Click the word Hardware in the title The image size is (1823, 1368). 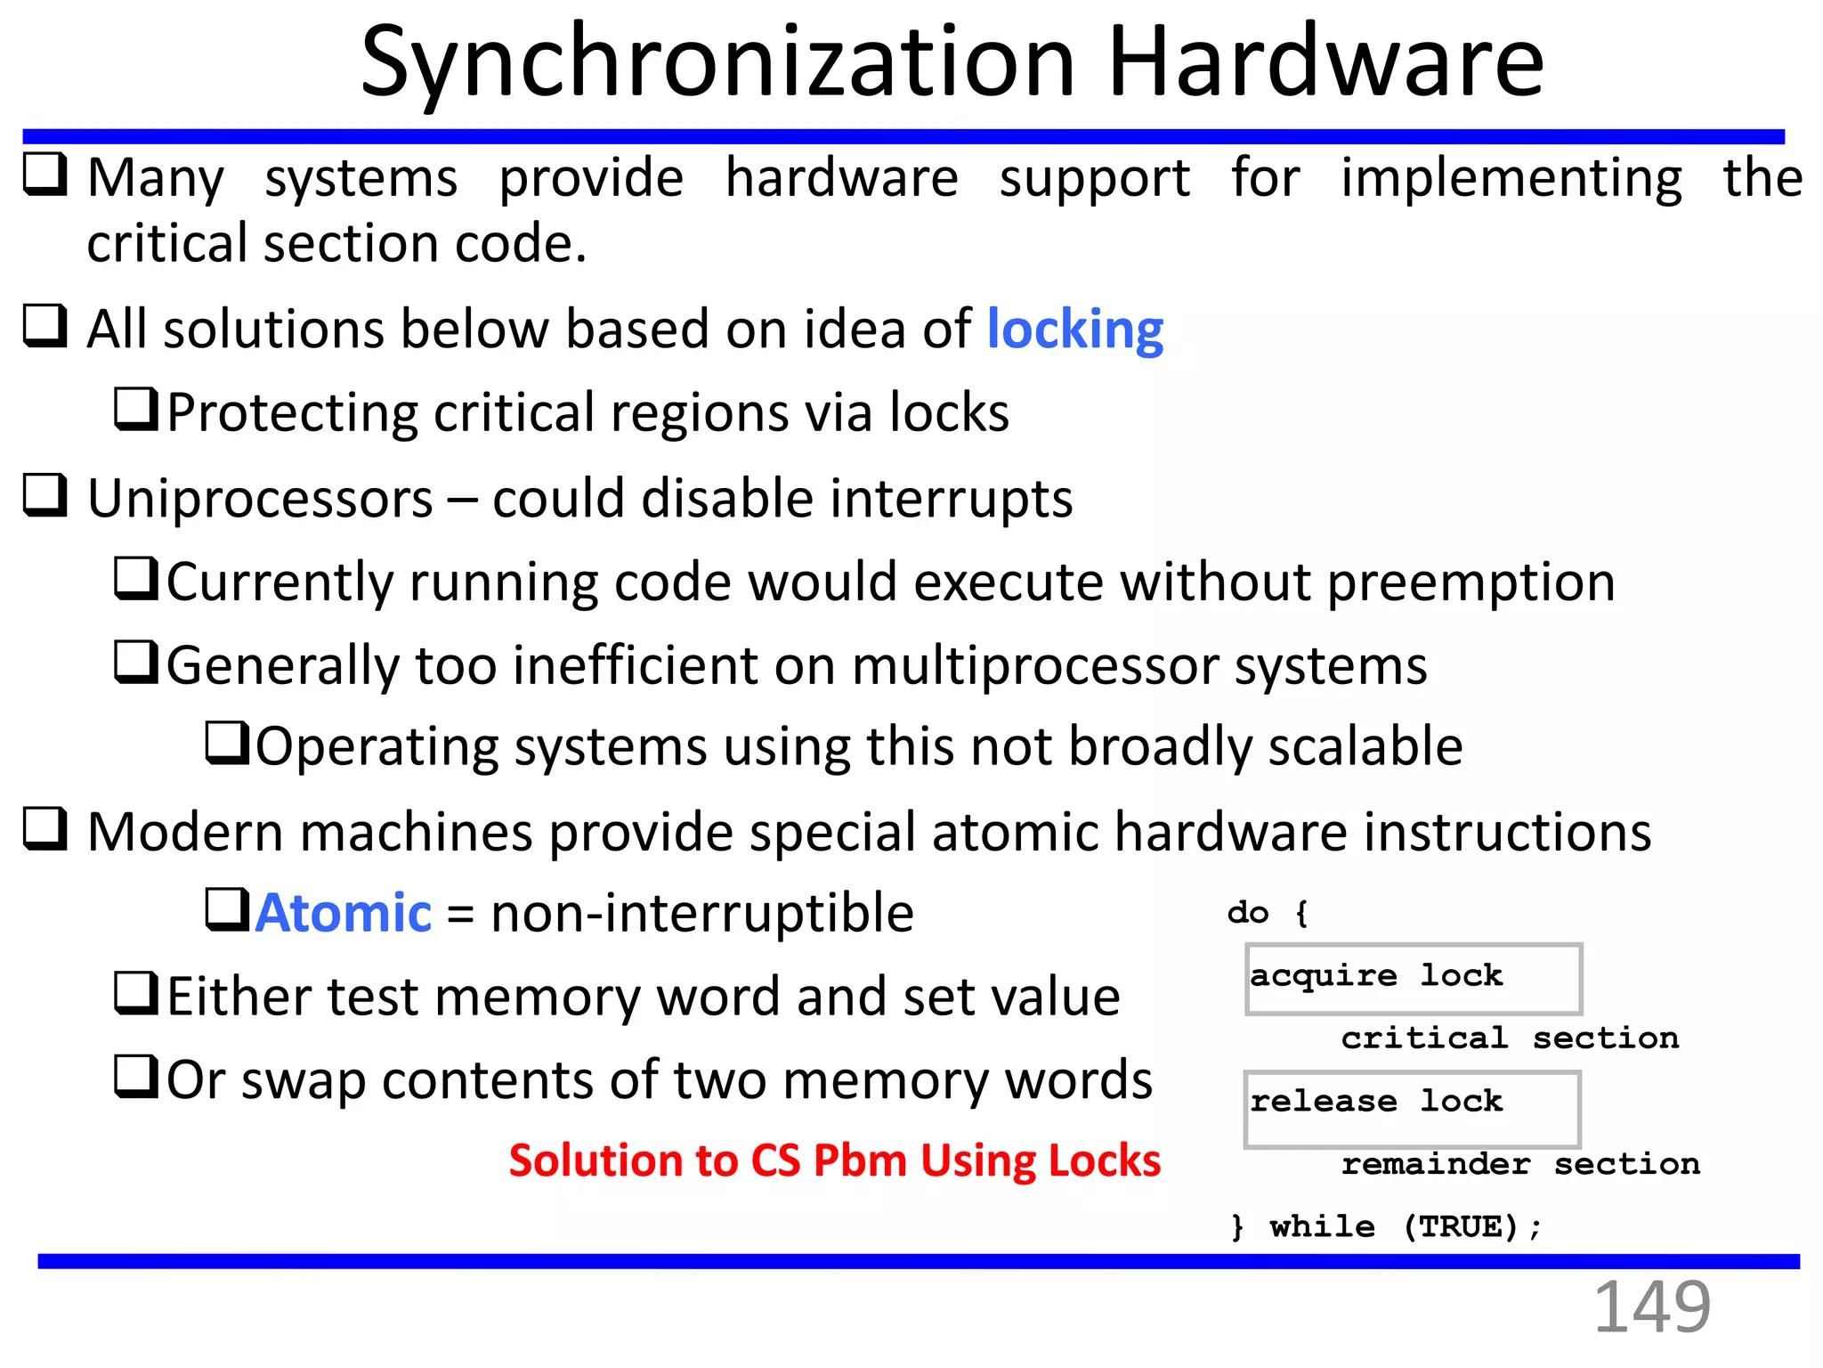1325,62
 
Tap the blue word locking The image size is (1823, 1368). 1074,330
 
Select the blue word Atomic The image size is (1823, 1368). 344,914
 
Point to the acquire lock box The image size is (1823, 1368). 1413,979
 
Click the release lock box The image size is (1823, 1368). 1412,1108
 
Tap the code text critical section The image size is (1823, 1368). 1510,1038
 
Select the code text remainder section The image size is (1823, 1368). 1520,1164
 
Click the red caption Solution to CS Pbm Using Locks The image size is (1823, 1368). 834,1160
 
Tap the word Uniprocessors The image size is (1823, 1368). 260,499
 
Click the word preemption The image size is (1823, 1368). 1471,583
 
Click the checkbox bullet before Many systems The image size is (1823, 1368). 45,174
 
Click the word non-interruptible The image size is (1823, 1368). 702,914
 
